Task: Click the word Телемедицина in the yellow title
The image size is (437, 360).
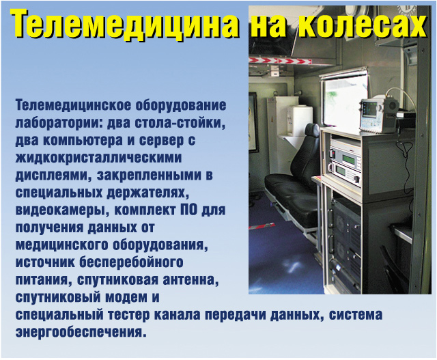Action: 124,24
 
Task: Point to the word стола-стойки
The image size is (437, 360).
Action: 180,123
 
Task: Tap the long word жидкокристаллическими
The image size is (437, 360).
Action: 98,158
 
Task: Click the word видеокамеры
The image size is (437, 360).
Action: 61,210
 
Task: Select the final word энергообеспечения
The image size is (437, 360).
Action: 81,333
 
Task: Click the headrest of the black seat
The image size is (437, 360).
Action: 312,130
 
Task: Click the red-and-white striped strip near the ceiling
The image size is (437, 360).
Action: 280,60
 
